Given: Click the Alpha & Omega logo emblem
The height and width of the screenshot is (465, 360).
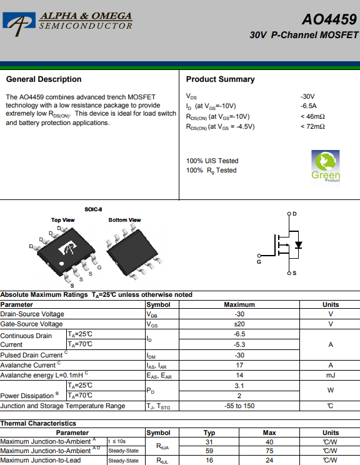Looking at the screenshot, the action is (19, 23).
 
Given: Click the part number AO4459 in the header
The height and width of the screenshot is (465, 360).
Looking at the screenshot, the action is (329, 19).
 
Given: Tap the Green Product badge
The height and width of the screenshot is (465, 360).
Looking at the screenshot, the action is (325, 167).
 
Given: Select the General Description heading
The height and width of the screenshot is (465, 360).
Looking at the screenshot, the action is (44, 79).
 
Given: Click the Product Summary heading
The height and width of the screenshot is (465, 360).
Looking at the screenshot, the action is (221, 79).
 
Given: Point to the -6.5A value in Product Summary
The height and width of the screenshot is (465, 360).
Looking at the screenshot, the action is (308, 106).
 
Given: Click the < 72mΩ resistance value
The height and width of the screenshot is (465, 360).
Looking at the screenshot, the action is (312, 126).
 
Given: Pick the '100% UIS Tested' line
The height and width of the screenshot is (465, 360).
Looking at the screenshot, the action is (212, 161).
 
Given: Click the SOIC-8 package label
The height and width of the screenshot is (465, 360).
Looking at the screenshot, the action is (93, 209).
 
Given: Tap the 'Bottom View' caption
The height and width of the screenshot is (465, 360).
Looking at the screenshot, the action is (124, 220).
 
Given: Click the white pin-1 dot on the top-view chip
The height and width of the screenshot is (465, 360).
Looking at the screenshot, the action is (62, 263).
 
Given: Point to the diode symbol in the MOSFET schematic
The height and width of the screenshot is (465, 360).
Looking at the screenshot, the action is (298, 245).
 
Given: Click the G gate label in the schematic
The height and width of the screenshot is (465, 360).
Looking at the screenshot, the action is (259, 262).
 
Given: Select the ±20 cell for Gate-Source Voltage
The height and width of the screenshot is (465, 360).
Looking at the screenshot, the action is (239, 324).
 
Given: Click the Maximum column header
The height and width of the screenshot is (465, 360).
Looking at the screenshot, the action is (239, 304).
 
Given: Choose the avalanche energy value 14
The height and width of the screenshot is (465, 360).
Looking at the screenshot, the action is (239, 375).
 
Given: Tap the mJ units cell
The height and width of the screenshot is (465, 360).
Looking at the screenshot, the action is (331, 375).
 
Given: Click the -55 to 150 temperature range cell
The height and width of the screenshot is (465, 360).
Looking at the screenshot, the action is (239, 406).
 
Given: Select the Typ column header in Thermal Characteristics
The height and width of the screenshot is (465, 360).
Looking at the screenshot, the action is (209, 432).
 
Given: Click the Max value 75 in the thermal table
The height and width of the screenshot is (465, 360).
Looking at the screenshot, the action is (269, 451).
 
